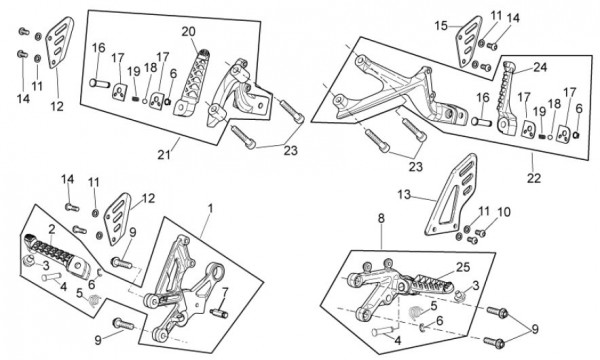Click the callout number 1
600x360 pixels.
point(210,209)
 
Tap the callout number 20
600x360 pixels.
point(188,31)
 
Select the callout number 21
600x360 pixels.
point(164,155)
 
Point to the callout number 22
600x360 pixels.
point(534,178)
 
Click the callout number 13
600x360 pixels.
point(404,195)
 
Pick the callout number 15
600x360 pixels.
point(441,26)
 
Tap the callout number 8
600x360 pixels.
point(381,218)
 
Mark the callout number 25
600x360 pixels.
point(463,267)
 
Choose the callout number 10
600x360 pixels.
point(504,212)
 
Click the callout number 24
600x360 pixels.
point(540,67)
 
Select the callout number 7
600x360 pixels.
point(224,293)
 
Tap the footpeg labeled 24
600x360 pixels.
point(506,97)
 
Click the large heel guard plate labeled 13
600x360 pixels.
point(452,195)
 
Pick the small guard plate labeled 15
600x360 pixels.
point(469,41)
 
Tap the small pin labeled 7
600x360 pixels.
point(219,313)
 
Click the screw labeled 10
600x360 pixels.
point(481,232)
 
